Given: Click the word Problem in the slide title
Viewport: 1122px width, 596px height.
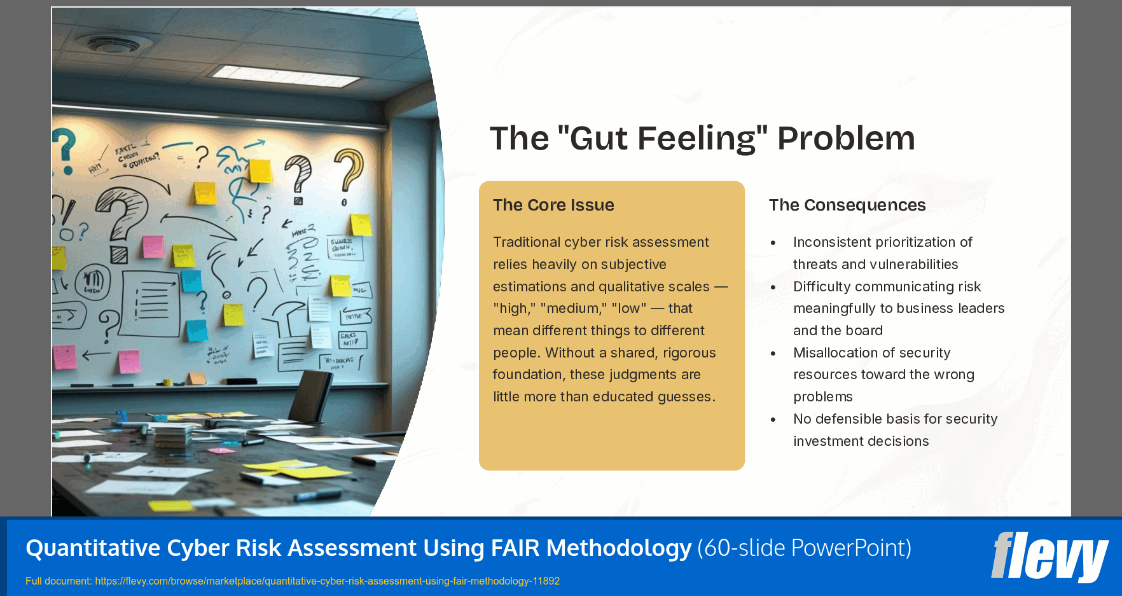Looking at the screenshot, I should coord(846,138).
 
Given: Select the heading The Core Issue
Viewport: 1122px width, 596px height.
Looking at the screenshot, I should coord(553,205).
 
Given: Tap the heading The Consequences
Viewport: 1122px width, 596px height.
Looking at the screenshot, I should coord(847,205).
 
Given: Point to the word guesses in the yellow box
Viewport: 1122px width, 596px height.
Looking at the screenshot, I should coord(685,397).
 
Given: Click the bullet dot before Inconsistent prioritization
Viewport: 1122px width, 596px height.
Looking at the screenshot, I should coord(773,243).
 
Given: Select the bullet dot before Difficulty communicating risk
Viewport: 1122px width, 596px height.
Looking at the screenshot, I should coord(773,288).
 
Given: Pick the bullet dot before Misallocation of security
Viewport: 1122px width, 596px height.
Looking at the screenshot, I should coord(773,354).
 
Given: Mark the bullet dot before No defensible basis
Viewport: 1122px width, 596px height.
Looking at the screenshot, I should coord(773,420).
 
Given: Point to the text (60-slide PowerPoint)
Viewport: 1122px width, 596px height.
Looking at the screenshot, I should coord(804,548).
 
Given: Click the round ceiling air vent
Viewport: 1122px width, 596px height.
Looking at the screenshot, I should coord(114,44).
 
